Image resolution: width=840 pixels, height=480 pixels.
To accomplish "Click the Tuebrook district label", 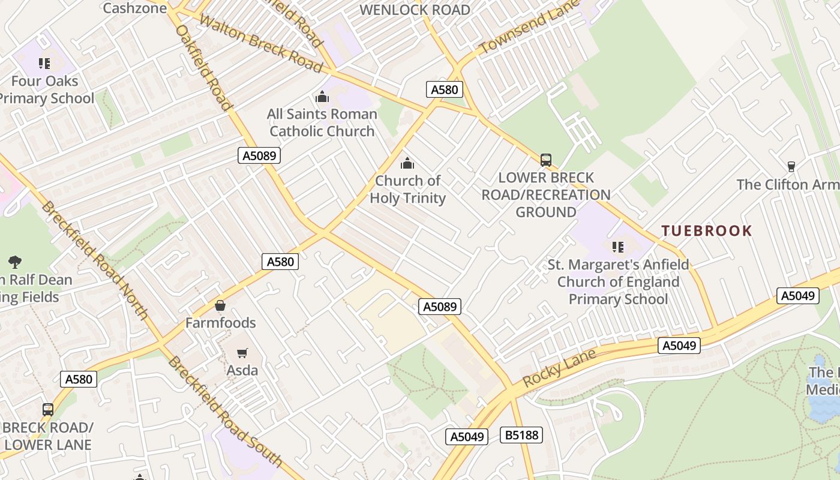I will point(706,231).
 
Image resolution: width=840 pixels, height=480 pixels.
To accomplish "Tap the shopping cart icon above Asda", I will point(242,353).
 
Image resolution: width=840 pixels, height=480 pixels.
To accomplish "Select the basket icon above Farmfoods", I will point(220,305).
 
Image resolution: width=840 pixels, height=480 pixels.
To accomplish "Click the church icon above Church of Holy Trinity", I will point(407,163).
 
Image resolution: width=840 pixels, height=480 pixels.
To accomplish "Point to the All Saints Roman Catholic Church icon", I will point(322,97).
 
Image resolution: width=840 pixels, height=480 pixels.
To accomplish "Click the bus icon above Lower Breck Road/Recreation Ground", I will point(545,160).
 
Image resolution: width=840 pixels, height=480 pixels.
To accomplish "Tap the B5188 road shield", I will point(521,435).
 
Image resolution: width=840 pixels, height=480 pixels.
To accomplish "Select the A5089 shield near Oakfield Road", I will point(259,156).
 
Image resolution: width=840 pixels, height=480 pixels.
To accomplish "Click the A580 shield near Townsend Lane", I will point(445,90).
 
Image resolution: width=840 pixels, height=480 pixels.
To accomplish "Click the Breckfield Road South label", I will point(225,412).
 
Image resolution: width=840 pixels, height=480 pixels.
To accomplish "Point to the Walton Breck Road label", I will point(260,43).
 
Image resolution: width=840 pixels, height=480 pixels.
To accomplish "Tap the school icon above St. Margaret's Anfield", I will point(618,247).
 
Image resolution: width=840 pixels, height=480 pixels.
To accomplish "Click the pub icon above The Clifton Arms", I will point(791,166).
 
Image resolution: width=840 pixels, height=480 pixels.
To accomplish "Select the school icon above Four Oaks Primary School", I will point(44,63).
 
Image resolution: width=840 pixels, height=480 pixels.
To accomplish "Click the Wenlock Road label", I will point(415,10).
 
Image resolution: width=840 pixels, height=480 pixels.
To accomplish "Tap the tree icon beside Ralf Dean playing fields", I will point(15,262).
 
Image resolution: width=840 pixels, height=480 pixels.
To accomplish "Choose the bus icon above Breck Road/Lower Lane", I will point(48,410).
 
